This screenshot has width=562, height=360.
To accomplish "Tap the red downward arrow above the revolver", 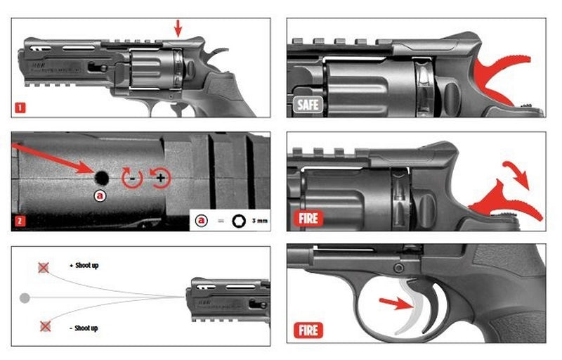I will click(x=177, y=27).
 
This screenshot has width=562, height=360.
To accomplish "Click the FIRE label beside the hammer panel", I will click(x=308, y=218).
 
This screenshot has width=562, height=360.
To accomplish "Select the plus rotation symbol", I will click(x=159, y=178).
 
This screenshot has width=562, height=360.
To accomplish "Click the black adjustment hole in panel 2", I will click(x=101, y=176).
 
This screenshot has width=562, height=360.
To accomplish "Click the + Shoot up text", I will click(x=85, y=266).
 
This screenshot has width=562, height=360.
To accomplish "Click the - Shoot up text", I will click(x=84, y=328).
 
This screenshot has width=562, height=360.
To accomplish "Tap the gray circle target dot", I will click(x=26, y=297).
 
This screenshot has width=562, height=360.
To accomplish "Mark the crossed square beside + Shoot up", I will click(x=44, y=267).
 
